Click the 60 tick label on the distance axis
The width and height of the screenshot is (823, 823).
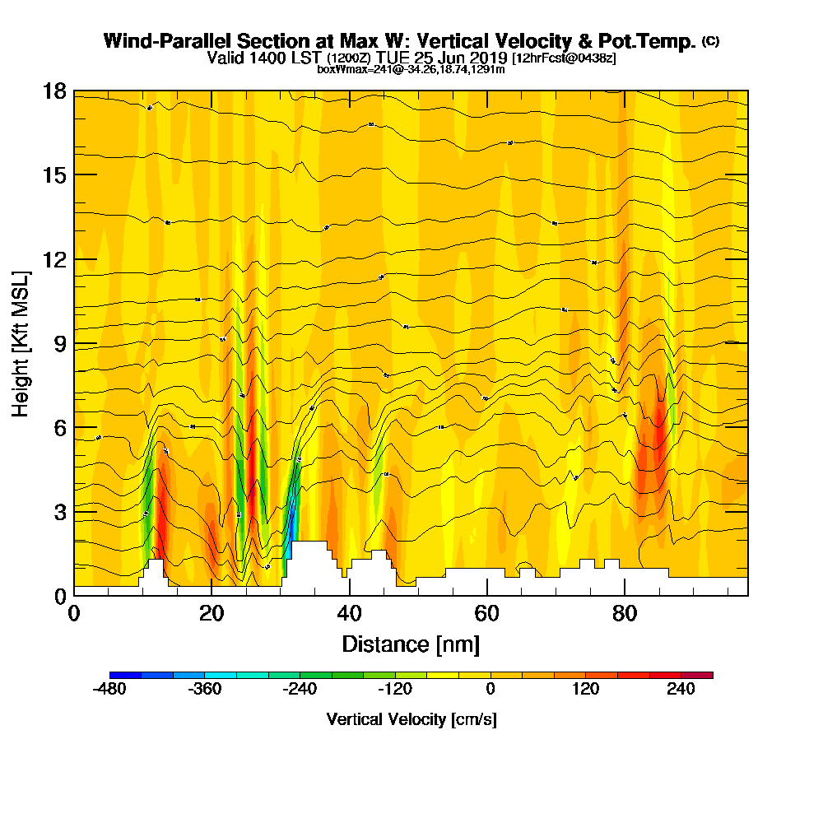(x=487, y=614)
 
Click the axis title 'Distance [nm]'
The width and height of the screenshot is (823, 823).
(x=411, y=644)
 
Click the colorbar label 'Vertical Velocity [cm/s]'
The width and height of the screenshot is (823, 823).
(x=411, y=719)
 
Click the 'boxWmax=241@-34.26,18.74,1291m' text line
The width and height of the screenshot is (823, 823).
(x=411, y=69)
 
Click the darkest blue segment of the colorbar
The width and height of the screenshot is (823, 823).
(x=125, y=675)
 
